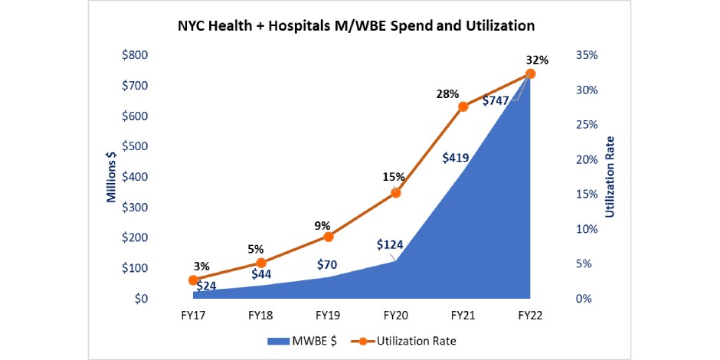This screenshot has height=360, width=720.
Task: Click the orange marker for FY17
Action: coord(193,280)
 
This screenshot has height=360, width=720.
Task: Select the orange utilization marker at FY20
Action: coord(396,193)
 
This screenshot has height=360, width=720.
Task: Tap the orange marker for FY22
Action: coord(530,74)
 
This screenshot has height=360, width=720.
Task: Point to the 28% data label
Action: coord(448,94)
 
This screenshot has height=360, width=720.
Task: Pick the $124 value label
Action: coord(391,245)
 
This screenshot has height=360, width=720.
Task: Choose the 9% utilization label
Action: coord(322,226)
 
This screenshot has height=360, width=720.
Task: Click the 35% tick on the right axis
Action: coord(586,55)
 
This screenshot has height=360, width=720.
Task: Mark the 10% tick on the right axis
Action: coord(586,229)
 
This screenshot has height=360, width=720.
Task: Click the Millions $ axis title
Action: coord(112,177)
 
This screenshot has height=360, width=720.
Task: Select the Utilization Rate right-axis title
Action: coord(610,177)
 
